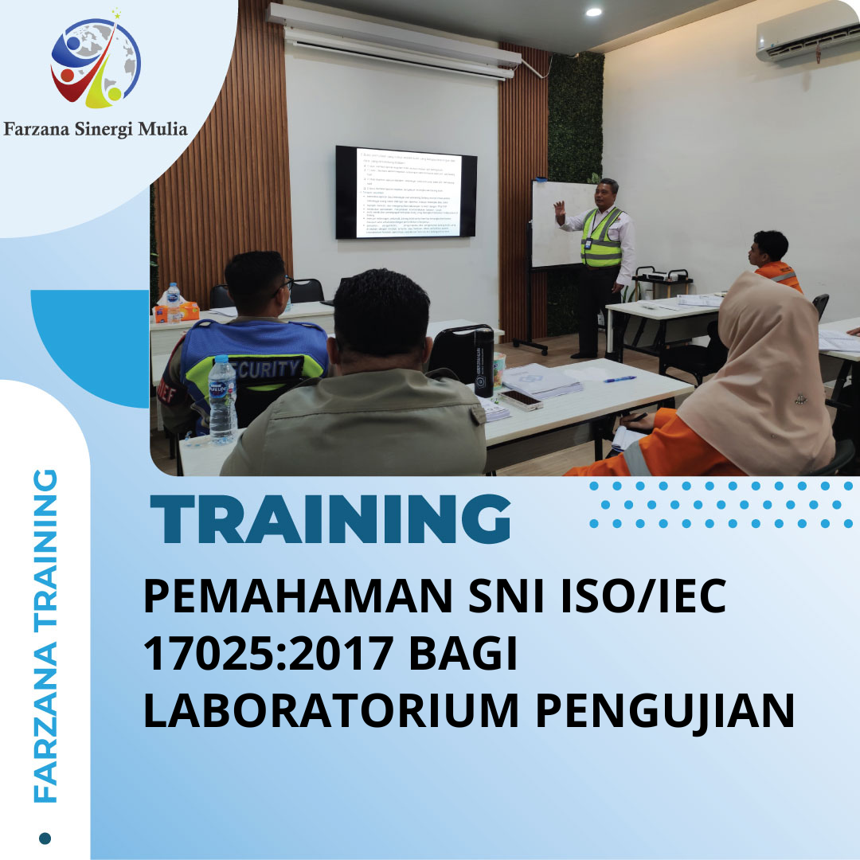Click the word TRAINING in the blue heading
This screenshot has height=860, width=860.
[330, 519]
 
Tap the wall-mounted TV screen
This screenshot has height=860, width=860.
[405, 193]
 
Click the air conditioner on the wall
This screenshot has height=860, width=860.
[807, 33]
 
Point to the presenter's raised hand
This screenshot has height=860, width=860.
[560, 211]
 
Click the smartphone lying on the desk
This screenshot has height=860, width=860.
[522, 399]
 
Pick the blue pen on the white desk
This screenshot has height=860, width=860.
[619, 379]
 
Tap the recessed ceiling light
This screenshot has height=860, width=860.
[593, 12]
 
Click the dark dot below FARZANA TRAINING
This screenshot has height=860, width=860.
[45, 838]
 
